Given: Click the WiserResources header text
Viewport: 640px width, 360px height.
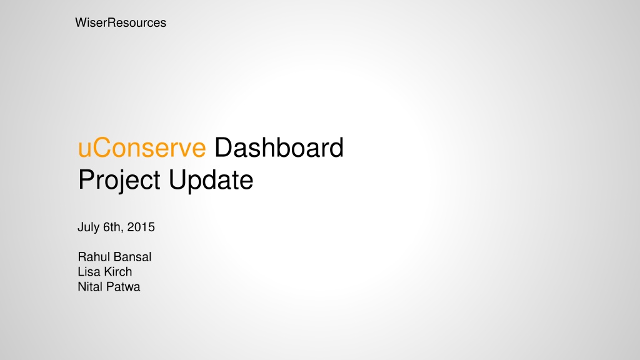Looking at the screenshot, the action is point(121,23).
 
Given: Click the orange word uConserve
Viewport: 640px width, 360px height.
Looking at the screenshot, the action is point(142,147).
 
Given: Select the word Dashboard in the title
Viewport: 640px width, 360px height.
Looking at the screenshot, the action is point(279,147).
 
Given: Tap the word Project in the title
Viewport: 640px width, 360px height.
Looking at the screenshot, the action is point(119,180).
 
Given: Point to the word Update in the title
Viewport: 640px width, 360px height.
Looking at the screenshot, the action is point(211,180).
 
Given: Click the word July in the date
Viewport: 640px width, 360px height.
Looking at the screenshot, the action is point(88,227).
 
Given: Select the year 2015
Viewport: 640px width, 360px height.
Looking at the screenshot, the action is point(141,227).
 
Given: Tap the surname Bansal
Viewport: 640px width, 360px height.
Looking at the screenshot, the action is point(133,257).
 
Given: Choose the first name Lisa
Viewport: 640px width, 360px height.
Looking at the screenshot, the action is point(89,272).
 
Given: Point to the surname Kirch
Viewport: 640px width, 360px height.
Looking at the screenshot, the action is point(118,272).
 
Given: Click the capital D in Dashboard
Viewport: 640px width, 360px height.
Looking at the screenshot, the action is point(224,147).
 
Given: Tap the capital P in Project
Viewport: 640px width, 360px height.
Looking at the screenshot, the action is point(87,179).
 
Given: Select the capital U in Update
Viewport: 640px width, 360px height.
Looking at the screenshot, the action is point(177,180).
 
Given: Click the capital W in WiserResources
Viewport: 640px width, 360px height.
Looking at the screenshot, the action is point(82,23).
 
